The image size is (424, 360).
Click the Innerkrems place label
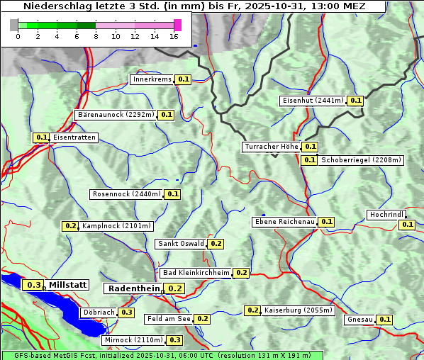point(152,79)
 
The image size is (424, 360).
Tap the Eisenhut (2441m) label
point(312,101)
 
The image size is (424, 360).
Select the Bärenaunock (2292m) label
point(115,114)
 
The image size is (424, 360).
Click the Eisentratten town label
point(74,137)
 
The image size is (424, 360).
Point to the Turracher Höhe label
point(271,147)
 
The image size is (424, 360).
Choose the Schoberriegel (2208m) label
point(361,160)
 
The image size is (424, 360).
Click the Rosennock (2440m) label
point(126,194)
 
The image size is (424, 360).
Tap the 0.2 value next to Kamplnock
point(70,226)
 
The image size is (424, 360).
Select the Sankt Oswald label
point(181,244)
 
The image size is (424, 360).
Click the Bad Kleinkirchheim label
point(196,273)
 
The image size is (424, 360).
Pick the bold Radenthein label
point(134,288)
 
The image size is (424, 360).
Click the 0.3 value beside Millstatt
point(33,285)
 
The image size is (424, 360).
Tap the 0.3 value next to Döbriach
point(126,313)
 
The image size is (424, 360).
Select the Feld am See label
point(169,319)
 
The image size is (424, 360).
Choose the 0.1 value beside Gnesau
point(384,320)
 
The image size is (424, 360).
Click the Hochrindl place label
point(387,215)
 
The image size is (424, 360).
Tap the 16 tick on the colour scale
point(174,36)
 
